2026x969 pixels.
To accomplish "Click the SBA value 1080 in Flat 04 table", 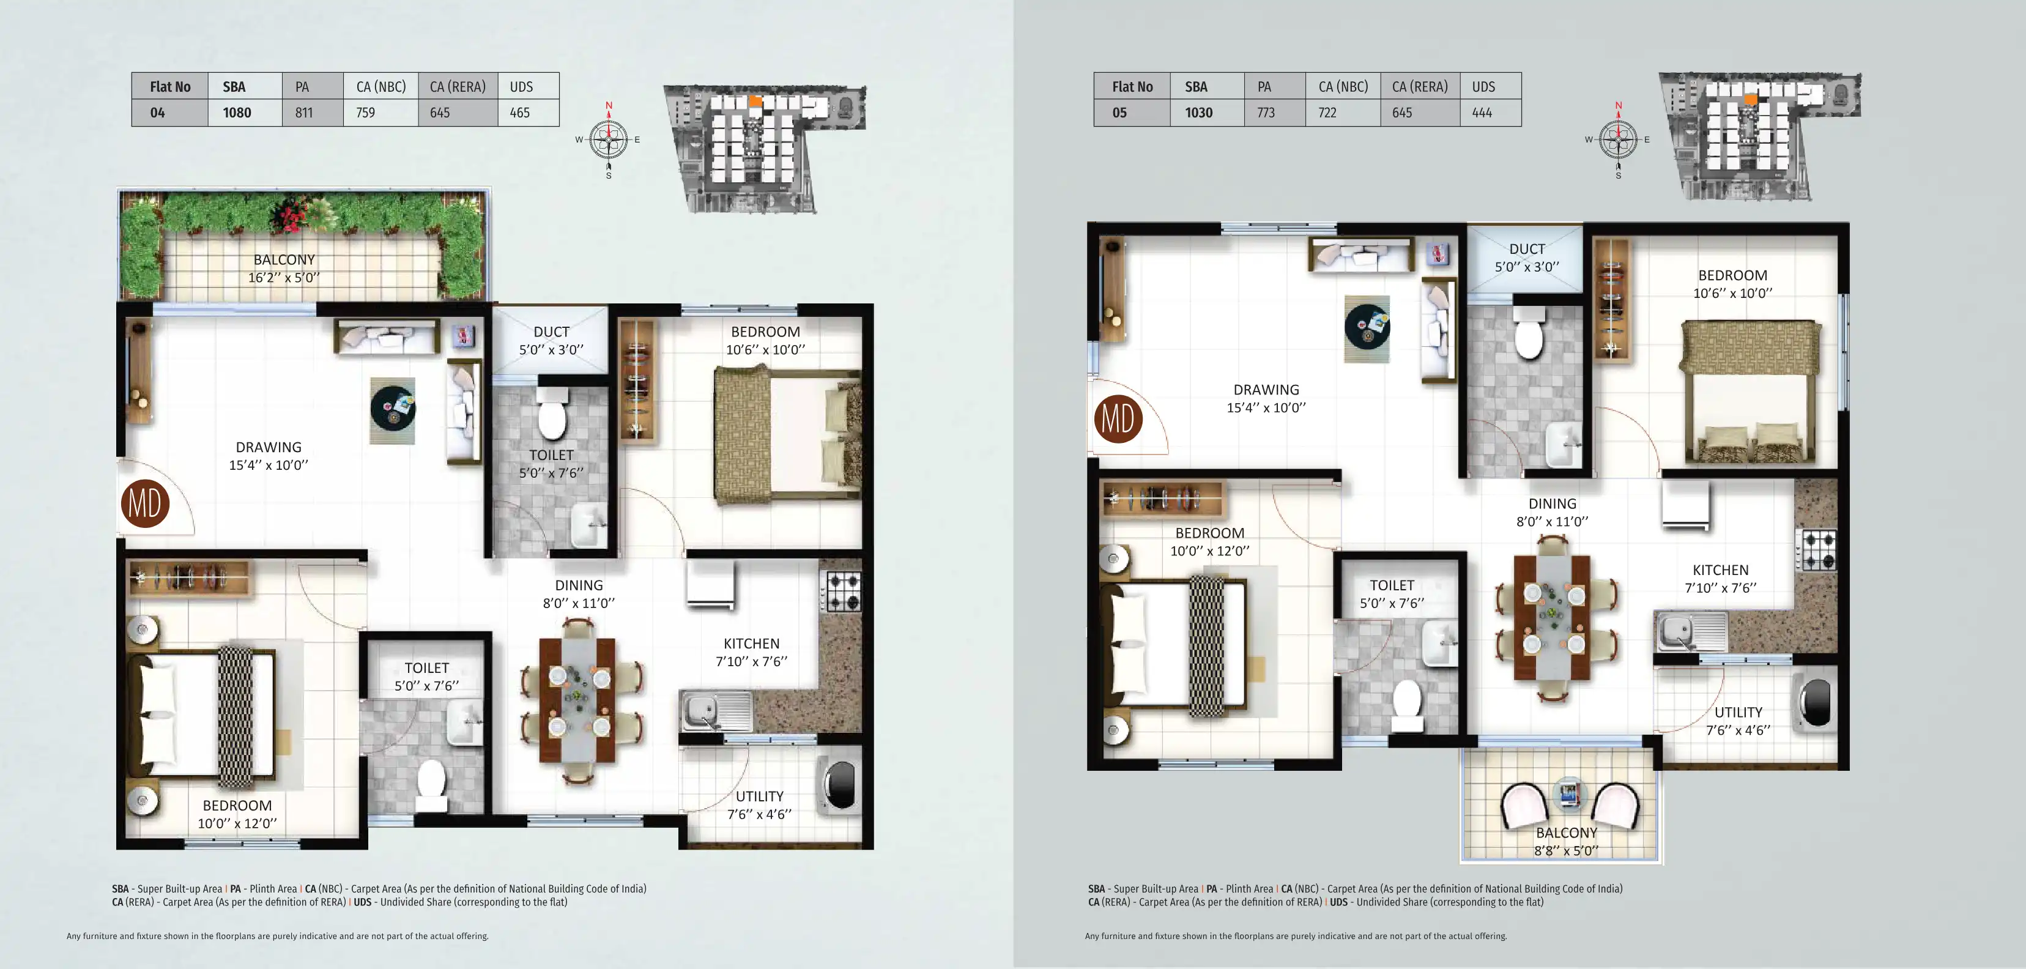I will [x=237, y=113].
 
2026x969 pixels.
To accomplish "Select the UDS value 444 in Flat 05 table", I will [x=1482, y=113].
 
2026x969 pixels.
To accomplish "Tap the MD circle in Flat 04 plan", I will [x=146, y=503].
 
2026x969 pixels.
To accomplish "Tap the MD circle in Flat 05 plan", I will [x=1118, y=418].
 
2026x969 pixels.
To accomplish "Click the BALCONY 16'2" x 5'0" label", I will [x=284, y=268].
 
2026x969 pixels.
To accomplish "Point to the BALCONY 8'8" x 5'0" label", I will [x=1566, y=841].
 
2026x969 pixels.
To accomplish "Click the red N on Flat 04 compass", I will [x=609, y=105].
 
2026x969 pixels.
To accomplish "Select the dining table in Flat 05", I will [x=1553, y=617].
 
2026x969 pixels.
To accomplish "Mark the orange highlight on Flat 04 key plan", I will [x=755, y=101].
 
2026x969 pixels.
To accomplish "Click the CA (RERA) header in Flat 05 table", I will [x=1420, y=86].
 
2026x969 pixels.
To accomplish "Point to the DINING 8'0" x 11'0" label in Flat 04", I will [x=579, y=594].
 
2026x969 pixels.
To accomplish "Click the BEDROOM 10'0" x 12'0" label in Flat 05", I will [x=1209, y=542].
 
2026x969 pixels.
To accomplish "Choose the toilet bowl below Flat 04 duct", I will [x=552, y=419].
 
